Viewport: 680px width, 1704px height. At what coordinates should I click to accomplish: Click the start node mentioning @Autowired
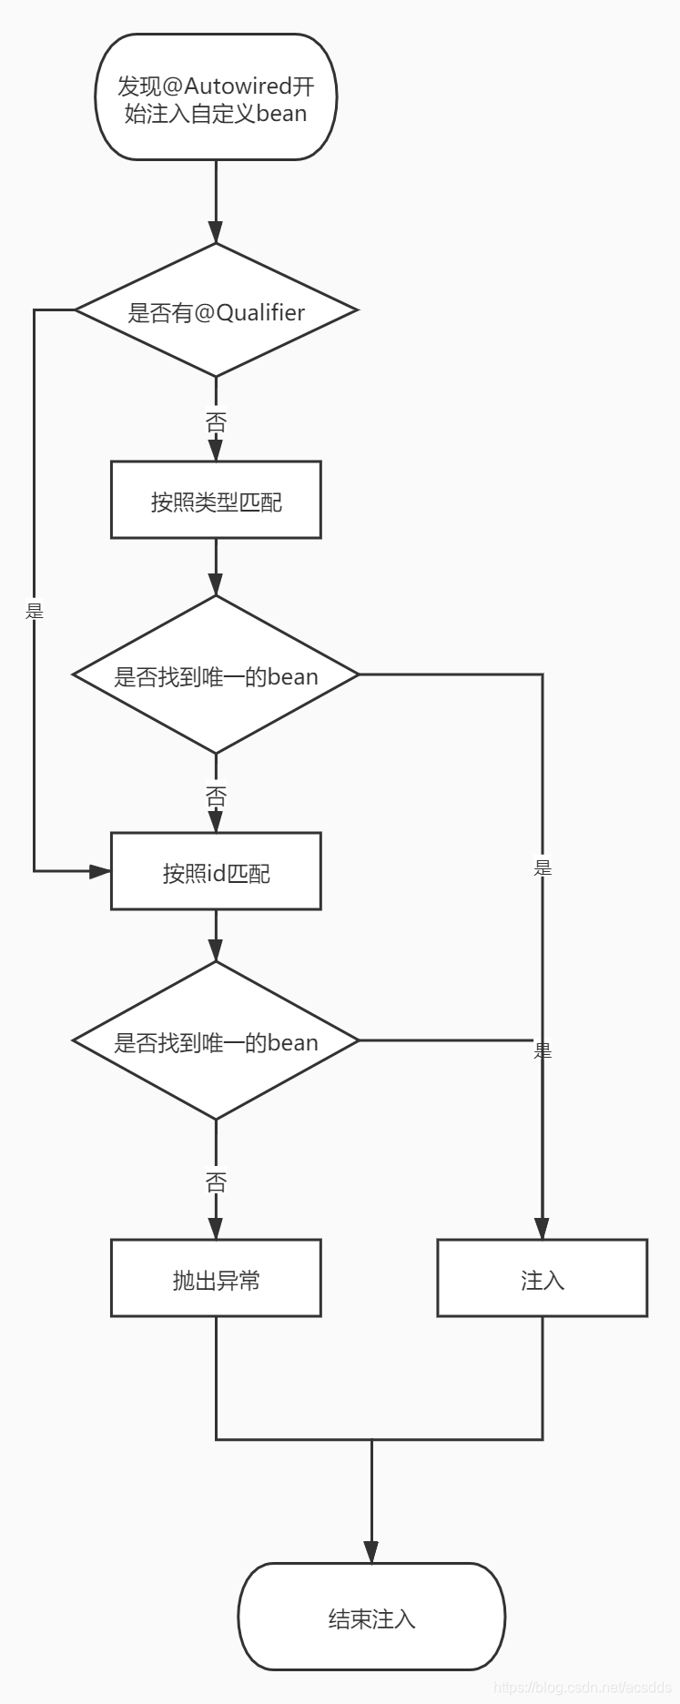tap(216, 97)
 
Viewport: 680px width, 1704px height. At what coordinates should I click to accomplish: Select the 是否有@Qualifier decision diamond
tap(216, 311)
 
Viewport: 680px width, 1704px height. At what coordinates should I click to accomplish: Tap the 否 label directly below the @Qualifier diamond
tap(216, 422)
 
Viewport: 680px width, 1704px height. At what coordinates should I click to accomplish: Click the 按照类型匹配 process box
tap(216, 500)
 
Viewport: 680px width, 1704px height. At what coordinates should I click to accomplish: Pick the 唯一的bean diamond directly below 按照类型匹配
tap(216, 675)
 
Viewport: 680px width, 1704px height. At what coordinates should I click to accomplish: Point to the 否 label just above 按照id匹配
tap(216, 797)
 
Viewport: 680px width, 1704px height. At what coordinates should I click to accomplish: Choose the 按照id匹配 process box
tap(216, 872)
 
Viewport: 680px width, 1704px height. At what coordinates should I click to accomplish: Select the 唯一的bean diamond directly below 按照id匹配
tap(216, 1041)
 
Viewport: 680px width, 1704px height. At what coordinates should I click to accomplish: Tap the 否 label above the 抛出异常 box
tap(216, 1182)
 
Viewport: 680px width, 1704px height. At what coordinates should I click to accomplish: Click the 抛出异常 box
tap(216, 1279)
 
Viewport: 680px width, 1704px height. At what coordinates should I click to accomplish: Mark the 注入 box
tap(542, 1279)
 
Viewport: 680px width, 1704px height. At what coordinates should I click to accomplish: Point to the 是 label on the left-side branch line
tap(35, 611)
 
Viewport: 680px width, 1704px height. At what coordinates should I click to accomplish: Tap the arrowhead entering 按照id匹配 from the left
tap(100, 871)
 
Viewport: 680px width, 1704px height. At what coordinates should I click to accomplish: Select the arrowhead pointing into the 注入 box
tap(543, 1228)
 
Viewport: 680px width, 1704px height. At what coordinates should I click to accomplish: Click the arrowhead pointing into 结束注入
tap(371, 1552)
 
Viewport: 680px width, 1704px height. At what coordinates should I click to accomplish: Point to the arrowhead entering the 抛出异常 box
tap(216, 1228)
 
